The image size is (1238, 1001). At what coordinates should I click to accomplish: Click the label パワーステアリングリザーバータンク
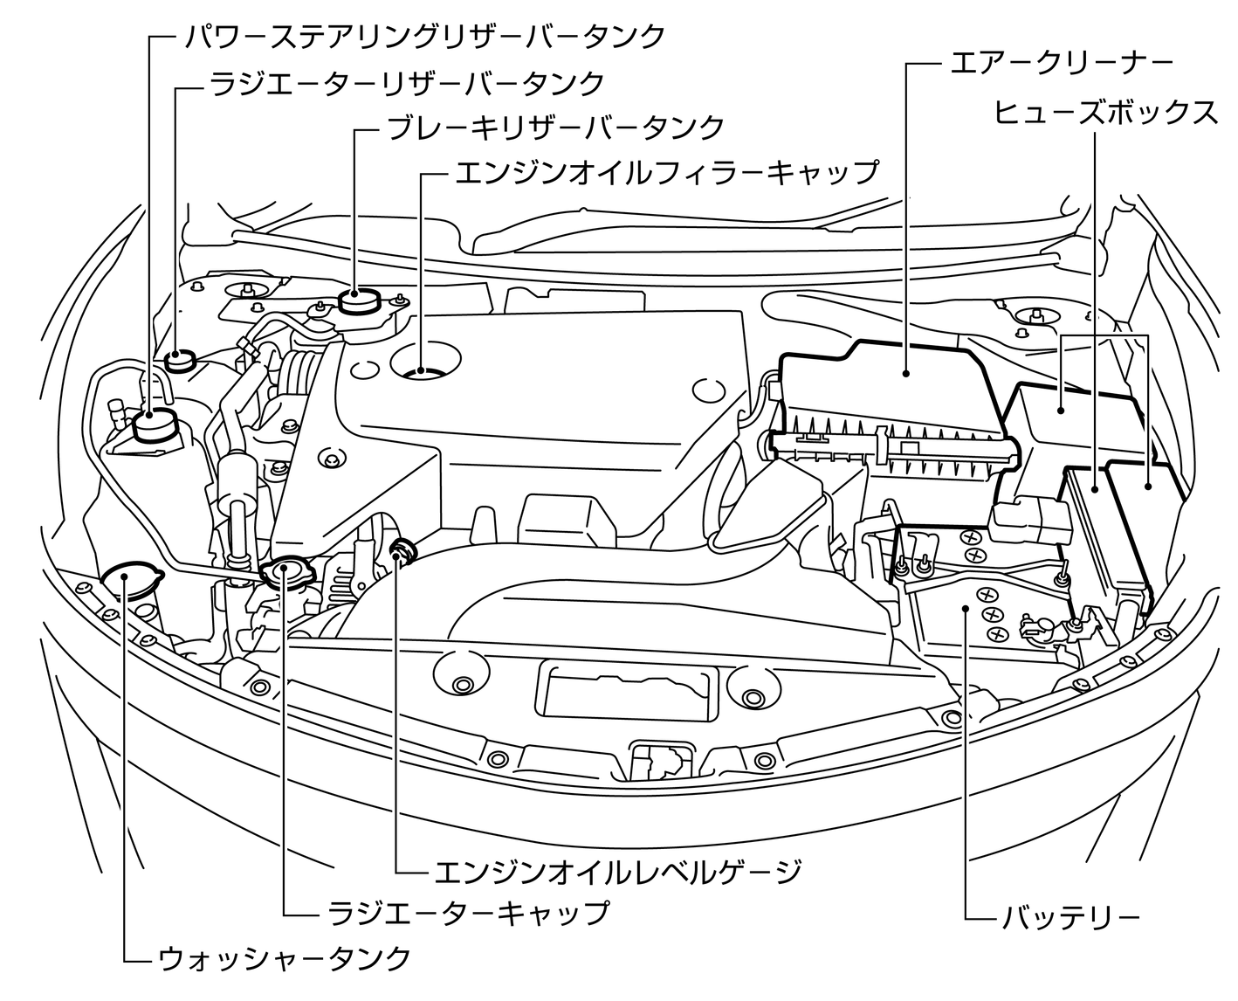click(x=424, y=37)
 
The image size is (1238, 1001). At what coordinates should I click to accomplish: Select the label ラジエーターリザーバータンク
click(x=406, y=83)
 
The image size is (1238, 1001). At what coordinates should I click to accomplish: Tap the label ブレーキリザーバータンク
click(x=555, y=128)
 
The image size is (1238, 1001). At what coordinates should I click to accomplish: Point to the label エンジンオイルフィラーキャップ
click(x=666, y=172)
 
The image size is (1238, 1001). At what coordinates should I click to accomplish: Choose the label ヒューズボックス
click(x=1105, y=112)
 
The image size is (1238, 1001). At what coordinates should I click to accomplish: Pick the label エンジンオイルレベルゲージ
click(x=617, y=871)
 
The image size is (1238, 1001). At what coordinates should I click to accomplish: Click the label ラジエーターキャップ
click(x=468, y=913)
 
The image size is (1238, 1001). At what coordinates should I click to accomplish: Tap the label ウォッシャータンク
click(x=285, y=958)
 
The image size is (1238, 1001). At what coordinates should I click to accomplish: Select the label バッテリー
click(x=1070, y=918)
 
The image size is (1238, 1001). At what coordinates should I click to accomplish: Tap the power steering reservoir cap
click(x=155, y=424)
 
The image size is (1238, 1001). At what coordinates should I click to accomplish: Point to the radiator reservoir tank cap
click(x=179, y=358)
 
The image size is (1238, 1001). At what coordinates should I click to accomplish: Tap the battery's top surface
click(x=982, y=611)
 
